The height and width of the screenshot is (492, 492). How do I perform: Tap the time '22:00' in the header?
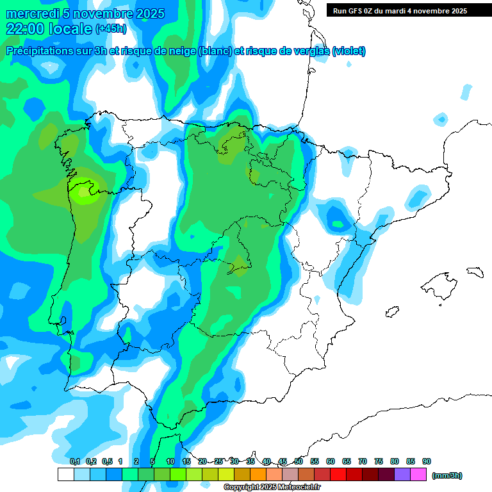[25, 28]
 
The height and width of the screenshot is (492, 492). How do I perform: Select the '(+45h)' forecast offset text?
[111, 29]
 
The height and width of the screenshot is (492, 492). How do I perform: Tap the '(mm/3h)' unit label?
[447, 475]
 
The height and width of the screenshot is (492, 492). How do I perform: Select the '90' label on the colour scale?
[427, 461]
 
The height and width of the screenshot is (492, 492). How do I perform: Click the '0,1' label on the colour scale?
[74, 461]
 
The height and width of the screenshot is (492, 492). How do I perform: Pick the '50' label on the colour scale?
[299, 461]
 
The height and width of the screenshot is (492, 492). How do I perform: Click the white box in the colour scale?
[65, 475]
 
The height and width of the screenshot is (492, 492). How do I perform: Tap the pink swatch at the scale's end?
[419, 475]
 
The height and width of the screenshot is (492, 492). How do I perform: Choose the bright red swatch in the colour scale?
[338, 475]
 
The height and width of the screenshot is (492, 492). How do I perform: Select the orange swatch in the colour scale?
[258, 475]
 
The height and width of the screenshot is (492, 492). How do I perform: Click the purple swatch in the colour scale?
[403, 475]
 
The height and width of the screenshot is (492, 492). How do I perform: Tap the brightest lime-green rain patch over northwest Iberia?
[84, 193]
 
